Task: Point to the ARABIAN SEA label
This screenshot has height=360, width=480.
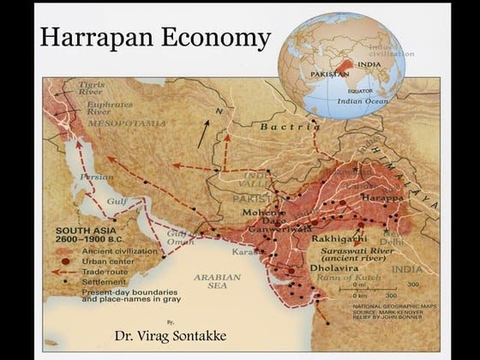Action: click(219, 282)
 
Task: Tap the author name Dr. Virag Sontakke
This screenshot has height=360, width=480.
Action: click(171, 335)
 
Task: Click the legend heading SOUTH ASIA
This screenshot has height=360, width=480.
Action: click(87, 231)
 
